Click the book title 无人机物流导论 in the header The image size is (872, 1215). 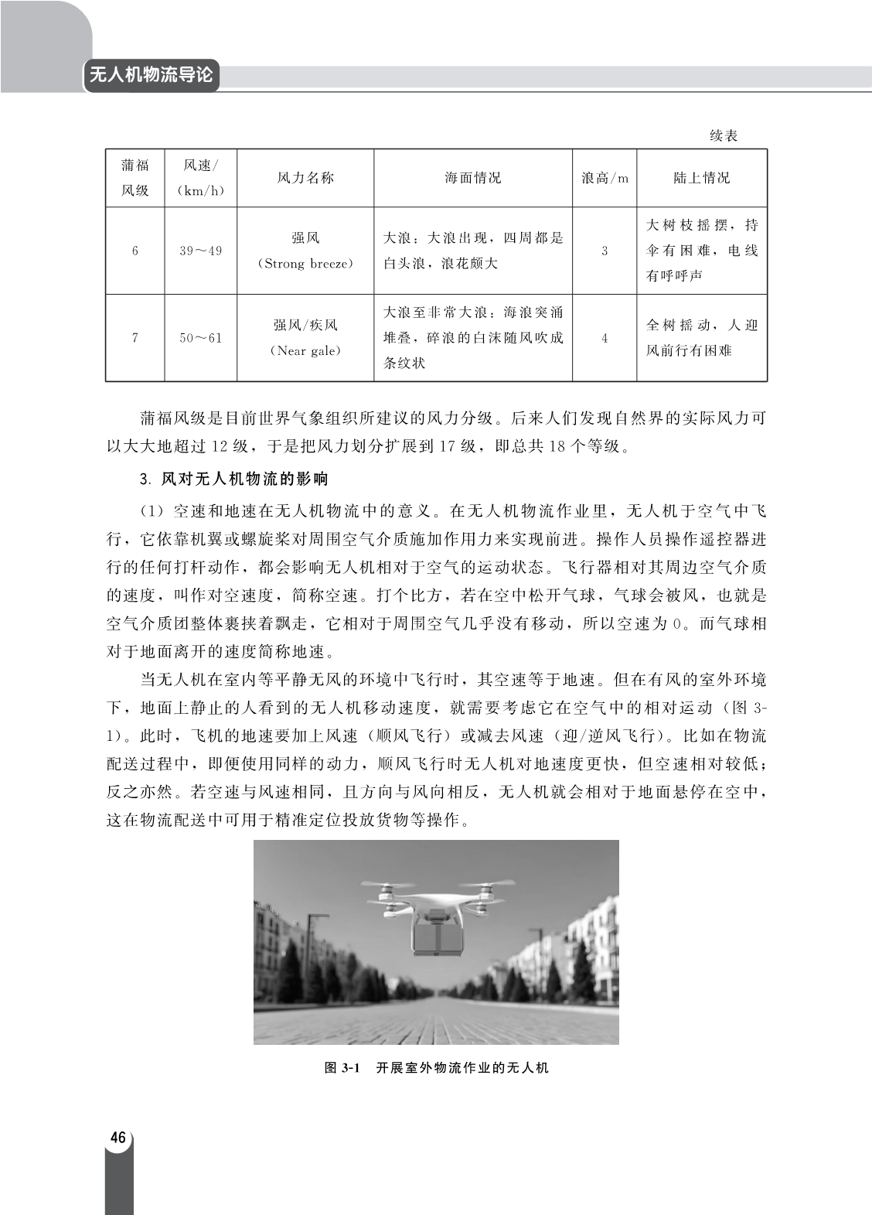[151, 76]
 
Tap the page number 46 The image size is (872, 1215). [118, 1137]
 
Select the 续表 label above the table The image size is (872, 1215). [724, 136]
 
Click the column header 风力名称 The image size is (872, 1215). [305, 178]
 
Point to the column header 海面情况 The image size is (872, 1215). [472, 178]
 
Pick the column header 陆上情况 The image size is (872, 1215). [701, 178]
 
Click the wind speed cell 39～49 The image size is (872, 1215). [200, 251]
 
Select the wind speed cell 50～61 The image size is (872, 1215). [200, 338]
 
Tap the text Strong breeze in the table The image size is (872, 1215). [305, 264]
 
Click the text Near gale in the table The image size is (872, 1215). [305, 351]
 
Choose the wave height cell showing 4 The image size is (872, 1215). [604, 338]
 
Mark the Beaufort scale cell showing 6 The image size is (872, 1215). [135, 251]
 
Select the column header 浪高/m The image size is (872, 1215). [605, 178]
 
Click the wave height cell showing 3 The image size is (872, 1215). [604, 251]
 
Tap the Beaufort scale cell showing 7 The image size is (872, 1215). [135, 338]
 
